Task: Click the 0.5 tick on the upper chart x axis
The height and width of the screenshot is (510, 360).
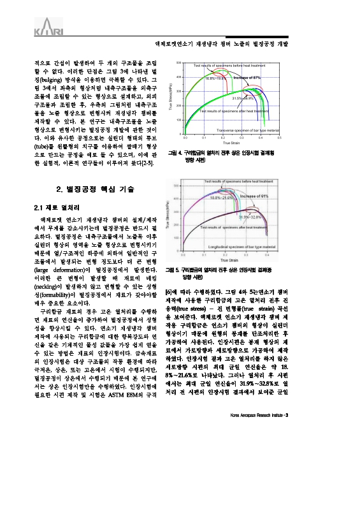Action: [x=279, y=137]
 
